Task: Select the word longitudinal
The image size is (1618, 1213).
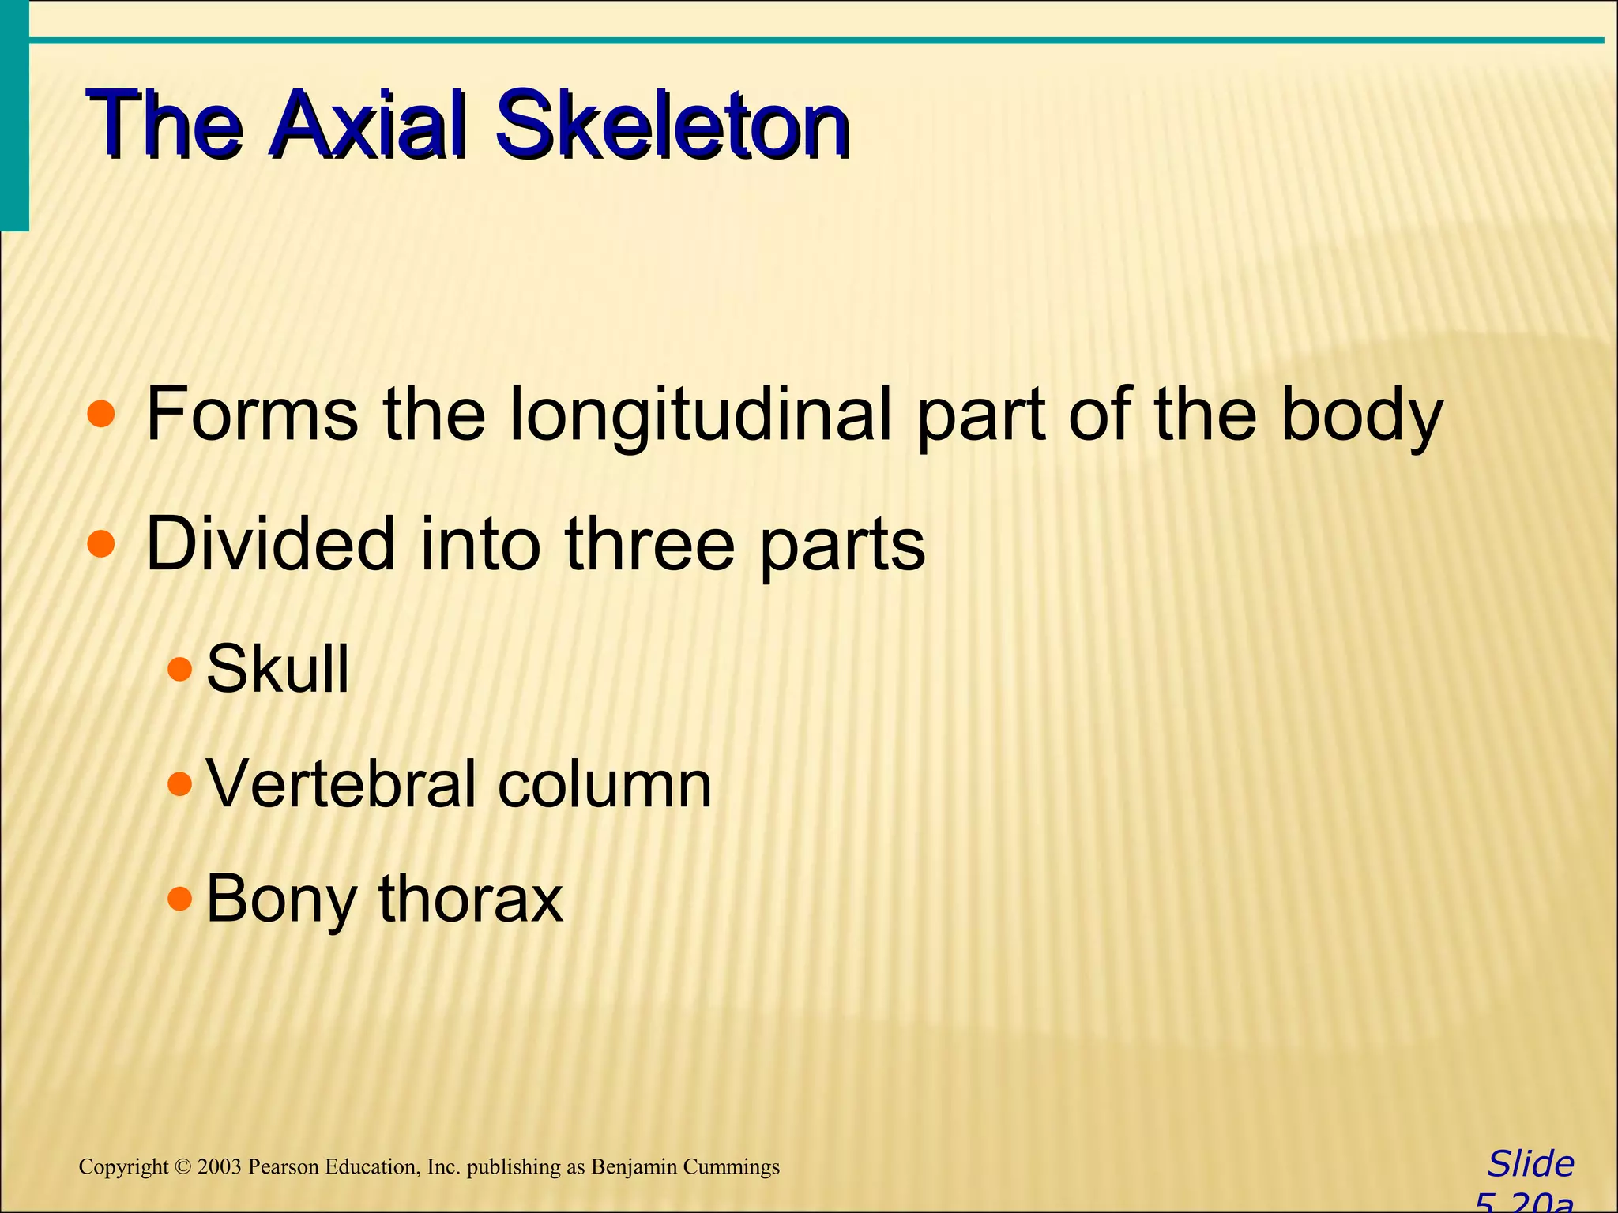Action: click(x=700, y=414)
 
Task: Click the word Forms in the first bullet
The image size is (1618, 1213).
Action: click(x=252, y=414)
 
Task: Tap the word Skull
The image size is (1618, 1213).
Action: click(x=277, y=668)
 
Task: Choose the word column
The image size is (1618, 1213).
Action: click(x=605, y=785)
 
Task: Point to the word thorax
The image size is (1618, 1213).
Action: click(x=471, y=899)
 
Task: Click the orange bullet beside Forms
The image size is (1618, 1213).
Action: click(x=101, y=414)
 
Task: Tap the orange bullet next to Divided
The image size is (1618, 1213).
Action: click(x=101, y=544)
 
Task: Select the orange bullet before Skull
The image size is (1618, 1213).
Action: click(x=180, y=670)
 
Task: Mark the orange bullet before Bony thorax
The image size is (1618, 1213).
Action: click(x=180, y=898)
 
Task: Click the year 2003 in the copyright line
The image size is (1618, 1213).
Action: click(x=220, y=1167)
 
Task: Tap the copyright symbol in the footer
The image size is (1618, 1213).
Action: click(x=183, y=1167)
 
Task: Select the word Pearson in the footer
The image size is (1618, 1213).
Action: click(x=280, y=1167)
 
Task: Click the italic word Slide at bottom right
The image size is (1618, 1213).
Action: click(x=1531, y=1165)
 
